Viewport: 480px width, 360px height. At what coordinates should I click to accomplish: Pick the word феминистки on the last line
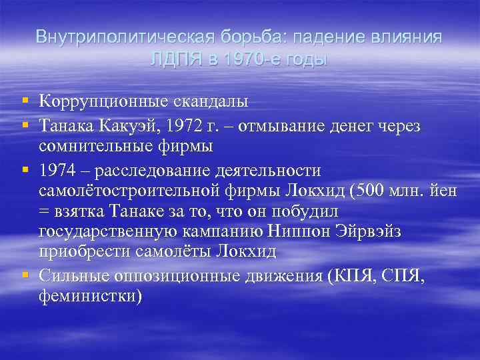90,295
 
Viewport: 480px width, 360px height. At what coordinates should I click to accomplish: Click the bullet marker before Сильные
25,273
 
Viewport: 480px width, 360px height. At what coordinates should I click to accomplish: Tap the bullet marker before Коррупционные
25,101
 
